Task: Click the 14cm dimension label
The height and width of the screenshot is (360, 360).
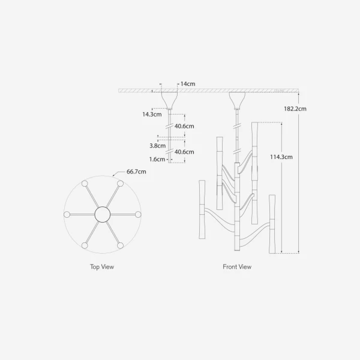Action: coord(191,84)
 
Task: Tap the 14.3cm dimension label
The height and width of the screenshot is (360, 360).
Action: coord(151,113)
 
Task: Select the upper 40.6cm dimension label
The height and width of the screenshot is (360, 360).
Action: coord(184,126)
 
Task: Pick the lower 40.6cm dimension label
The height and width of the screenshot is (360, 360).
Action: coord(184,152)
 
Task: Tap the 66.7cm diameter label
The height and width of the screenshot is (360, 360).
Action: coord(137,172)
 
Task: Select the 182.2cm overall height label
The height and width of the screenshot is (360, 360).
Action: coord(295,109)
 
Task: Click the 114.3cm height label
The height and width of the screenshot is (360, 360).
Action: coord(281,157)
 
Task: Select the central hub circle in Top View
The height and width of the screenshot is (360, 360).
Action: coord(102,214)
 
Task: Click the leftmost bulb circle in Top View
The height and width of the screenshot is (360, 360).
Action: coord(67,214)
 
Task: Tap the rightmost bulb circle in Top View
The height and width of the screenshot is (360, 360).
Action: coord(137,214)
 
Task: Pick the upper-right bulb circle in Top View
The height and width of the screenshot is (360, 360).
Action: coord(120,183)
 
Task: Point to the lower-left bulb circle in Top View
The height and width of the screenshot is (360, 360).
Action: coord(85,245)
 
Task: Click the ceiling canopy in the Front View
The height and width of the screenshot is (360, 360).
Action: coord(237,98)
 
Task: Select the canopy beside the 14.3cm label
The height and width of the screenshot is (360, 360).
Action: coord(169,98)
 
